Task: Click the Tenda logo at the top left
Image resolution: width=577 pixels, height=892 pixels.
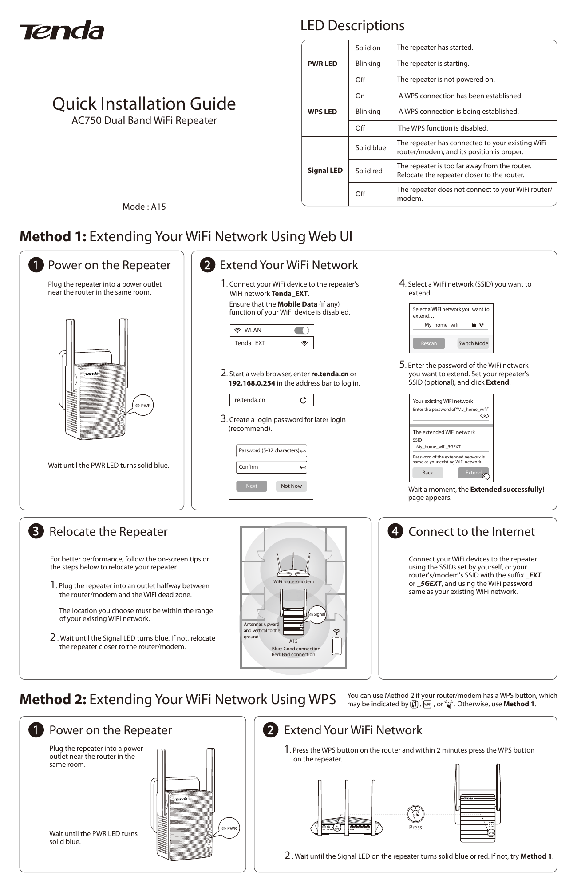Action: pyautogui.click(x=62, y=30)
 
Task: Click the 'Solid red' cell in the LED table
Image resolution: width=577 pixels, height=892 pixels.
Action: pyautogui.click(x=368, y=171)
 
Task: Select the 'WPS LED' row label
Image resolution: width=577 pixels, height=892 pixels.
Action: pyautogui.click(x=322, y=112)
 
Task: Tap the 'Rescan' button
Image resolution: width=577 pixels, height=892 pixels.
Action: pyautogui.click(x=429, y=343)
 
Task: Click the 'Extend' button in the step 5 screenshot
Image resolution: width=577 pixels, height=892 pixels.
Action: pyautogui.click(x=473, y=473)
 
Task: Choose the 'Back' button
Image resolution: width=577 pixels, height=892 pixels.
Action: pyautogui.click(x=427, y=473)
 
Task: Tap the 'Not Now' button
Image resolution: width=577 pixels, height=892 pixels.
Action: pyautogui.click(x=291, y=486)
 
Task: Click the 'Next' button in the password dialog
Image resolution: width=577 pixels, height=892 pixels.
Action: pyautogui.click(x=252, y=486)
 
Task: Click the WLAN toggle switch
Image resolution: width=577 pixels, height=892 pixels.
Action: pyautogui.click(x=302, y=330)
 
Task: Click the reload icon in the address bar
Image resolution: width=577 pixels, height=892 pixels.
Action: pyautogui.click(x=303, y=400)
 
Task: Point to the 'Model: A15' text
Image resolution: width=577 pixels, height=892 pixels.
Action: pyautogui.click(x=144, y=207)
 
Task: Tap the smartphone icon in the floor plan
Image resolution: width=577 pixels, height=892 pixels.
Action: pyautogui.click(x=337, y=646)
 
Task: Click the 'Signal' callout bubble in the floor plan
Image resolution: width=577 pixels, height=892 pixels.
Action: pyautogui.click(x=318, y=614)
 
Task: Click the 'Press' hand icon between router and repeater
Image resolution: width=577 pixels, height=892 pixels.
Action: pyautogui.click(x=415, y=814)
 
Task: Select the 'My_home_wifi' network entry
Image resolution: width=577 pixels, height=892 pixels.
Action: pyautogui.click(x=442, y=325)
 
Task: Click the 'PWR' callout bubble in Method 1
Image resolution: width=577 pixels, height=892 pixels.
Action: pyautogui.click(x=143, y=406)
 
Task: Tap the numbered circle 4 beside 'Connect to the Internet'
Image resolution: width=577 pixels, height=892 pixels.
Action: pyautogui.click(x=395, y=531)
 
